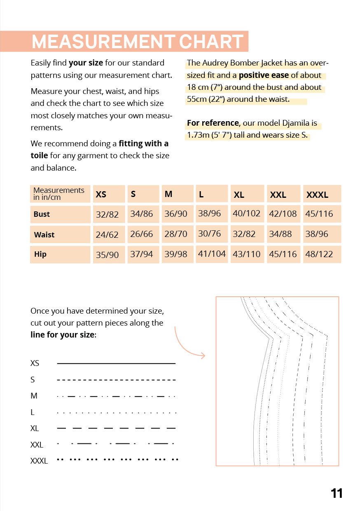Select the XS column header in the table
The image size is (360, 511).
[x=101, y=195]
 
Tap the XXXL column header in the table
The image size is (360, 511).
[x=317, y=195]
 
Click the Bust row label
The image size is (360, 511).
[x=42, y=214]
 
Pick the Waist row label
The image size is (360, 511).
[x=44, y=235]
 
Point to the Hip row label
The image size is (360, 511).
[x=40, y=254]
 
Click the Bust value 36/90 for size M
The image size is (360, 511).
[x=176, y=214]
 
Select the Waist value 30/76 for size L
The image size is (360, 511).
[x=210, y=234]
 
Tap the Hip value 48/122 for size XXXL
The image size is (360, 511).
[x=319, y=254]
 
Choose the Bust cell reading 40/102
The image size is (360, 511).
[x=247, y=213]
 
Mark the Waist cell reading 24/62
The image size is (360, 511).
[x=107, y=235]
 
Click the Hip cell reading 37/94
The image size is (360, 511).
[x=142, y=254]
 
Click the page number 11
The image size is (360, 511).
[x=337, y=493]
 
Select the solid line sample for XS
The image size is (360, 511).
[x=116, y=363]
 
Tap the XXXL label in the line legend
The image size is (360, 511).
[x=39, y=461]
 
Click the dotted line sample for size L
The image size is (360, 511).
[x=117, y=413]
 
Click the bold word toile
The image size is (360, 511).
[x=39, y=156]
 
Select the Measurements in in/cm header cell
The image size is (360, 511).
[x=59, y=194]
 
